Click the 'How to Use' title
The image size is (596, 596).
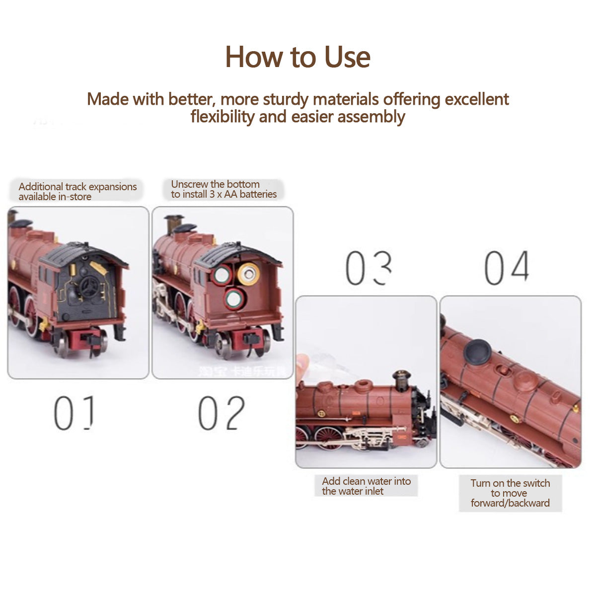point(298,57)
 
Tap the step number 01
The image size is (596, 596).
point(74,413)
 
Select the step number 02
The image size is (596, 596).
point(221,413)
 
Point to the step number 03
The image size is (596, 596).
point(368,269)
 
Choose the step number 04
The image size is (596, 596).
point(507,268)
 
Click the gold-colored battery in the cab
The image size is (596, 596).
point(248,273)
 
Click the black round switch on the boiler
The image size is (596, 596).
point(478,352)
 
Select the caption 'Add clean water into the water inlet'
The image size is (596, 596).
point(366,486)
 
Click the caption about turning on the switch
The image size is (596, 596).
point(510,493)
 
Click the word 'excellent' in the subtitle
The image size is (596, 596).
point(477,99)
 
